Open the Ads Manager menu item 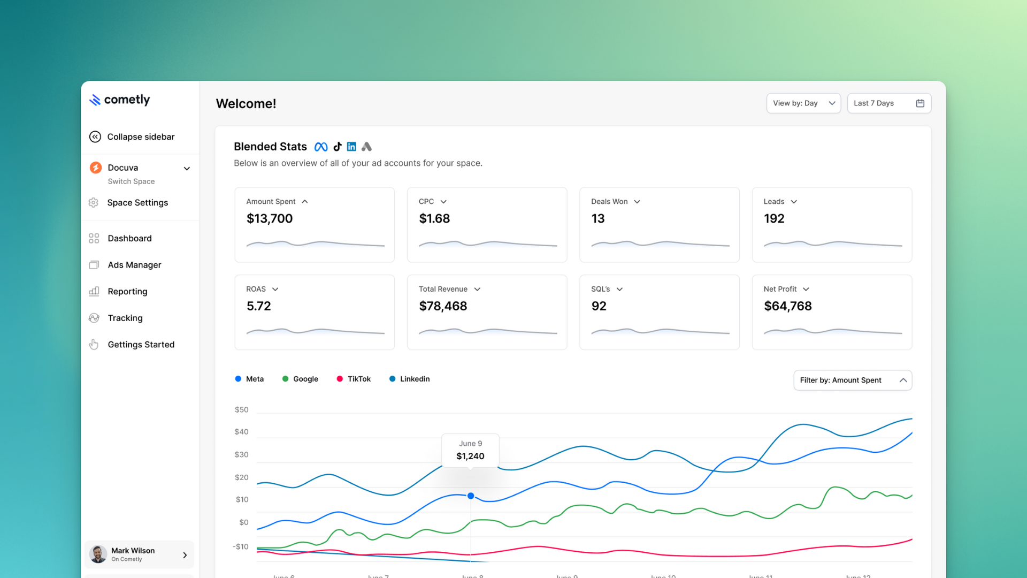(134, 265)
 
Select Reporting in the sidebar (127, 292)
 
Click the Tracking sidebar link (125, 318)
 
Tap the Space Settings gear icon (94, 203)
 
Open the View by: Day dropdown (803, 103)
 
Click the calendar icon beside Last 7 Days (920, 103)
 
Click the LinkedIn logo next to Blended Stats (351, 147)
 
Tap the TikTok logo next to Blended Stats (337, 147)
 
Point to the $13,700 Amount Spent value (270, 219)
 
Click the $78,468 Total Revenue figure (443, 306)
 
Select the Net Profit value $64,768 (787, 306)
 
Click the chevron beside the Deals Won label (637, 202)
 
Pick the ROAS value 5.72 (259, 306)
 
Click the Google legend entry (300, 379)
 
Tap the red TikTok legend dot (340, 379)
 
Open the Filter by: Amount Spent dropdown (852, 381)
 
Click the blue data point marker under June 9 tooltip (471, 496)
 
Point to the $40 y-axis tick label (241, 432)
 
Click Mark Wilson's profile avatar (98, 554)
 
